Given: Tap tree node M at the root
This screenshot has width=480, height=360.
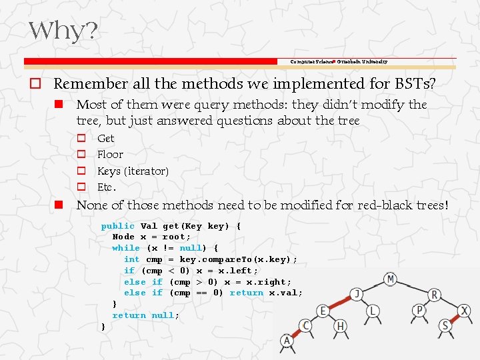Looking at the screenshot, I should [390, 279].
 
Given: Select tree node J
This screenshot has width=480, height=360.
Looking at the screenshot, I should [357, 294].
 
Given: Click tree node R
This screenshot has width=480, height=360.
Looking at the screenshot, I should [434, 295].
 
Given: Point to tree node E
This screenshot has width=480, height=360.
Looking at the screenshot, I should [323, 311].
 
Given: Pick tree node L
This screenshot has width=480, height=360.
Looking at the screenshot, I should [373, 311].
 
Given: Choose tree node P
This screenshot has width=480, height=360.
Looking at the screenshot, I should [419, 311].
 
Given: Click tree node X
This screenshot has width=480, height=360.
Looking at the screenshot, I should [464, 311].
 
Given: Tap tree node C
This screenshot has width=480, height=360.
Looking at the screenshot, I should [305, 325].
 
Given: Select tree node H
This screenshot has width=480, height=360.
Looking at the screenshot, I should [341, 325].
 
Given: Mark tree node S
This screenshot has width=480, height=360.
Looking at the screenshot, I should [445, 325].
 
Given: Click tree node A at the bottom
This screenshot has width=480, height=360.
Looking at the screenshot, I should [287, 341].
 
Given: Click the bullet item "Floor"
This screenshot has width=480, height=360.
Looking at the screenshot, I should [110, 154].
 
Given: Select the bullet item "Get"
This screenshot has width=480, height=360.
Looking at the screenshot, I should [105, 138].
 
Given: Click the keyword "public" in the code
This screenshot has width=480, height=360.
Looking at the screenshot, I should [117, 226].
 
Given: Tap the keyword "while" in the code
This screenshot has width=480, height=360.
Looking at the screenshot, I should [126, 248].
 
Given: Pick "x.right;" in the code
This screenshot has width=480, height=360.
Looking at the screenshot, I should [269, 282].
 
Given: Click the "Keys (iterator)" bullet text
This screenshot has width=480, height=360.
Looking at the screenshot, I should [133, 171].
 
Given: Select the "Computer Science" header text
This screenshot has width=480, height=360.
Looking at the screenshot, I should [311, 61].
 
